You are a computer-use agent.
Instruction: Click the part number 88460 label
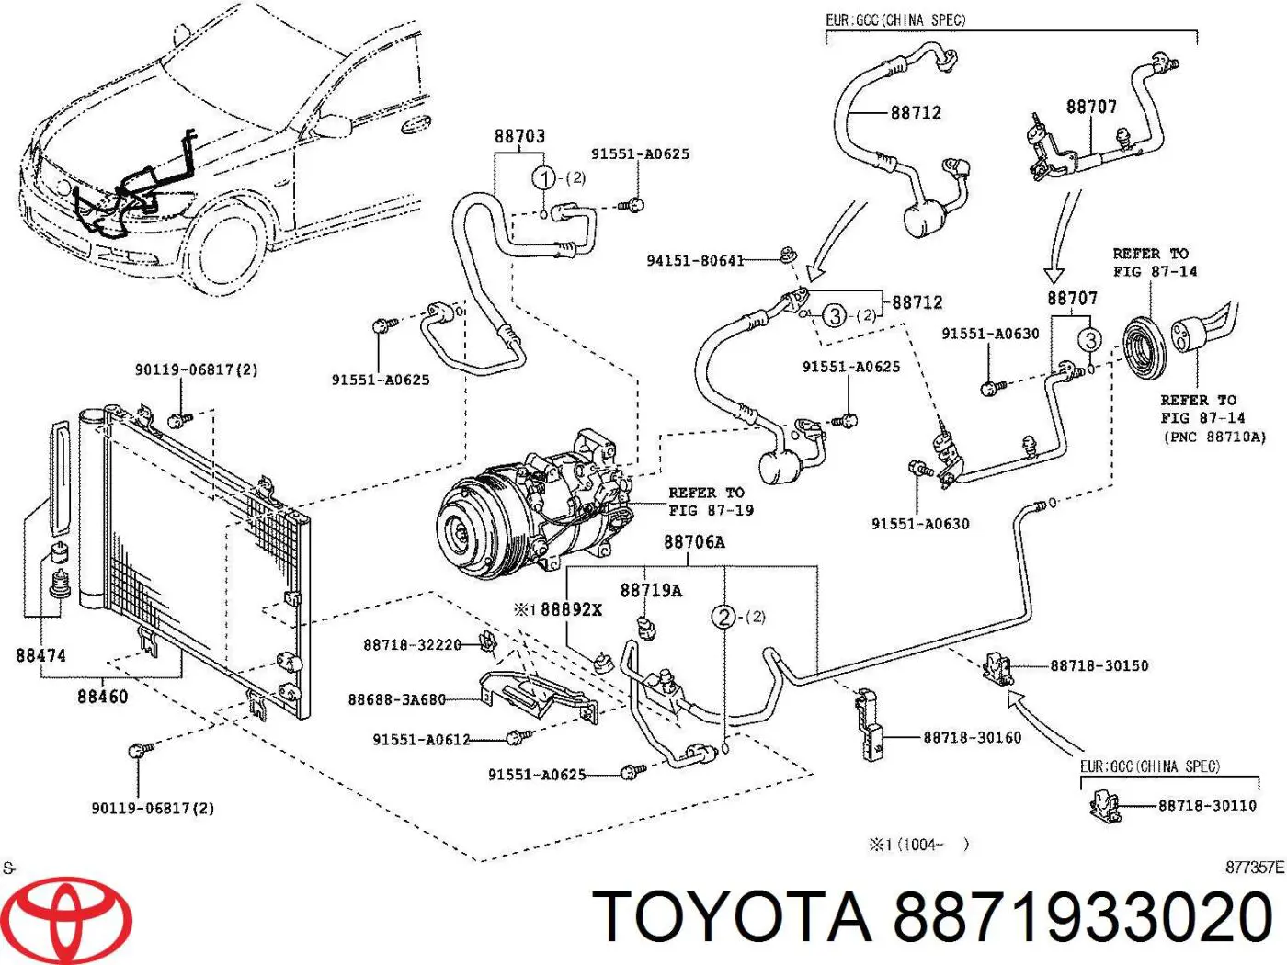click(x=103, y=697)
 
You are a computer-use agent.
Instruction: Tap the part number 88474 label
click(x=41, y=655)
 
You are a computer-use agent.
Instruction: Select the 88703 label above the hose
click(x=519, y=136)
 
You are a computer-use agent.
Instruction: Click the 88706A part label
click(x=694, y=542)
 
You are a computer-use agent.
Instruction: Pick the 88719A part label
click(x=651, y=590)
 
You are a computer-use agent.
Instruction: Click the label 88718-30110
click(x=1206, y=806)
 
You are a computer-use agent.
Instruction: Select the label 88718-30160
click(x=972, y=737)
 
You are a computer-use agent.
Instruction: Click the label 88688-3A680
click(x=396, y=700)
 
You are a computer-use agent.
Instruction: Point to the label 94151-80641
click(x=695, y=261)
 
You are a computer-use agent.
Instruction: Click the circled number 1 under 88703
click(x=544, y=177)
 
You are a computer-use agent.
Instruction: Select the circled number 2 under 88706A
click(x=724, y=617)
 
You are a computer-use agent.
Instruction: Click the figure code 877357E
click(x=1254, y=868)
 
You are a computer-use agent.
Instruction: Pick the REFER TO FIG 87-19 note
click(x=710, y=502)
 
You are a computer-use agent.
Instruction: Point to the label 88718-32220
click(x=412, y=645)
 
